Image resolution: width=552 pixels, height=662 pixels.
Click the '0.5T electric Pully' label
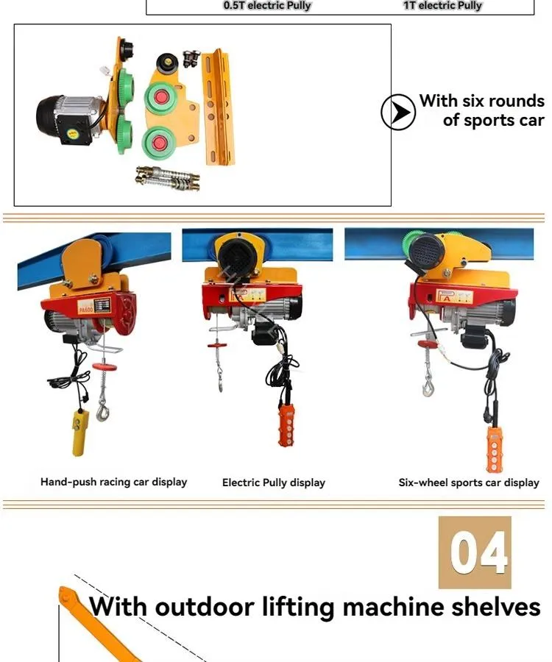pyautogui.click(x=267, y=6)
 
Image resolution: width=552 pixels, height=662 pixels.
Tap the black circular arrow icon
pyautogui.click(x=398, y=113)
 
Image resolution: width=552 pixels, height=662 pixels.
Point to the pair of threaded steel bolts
pyautogui.click(x=168, y=178)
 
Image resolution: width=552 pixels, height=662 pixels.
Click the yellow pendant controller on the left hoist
pyautogui.click(x=78, y=434)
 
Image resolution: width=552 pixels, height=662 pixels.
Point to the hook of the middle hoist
pyautogui.click(x=220, y=382)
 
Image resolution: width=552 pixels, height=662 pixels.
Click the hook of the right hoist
pyautogui.click(x=428, y=384)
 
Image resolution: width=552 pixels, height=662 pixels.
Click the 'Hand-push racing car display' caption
pyautogui.click(x=113, y=483)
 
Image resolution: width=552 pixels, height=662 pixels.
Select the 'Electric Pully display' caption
pyautogui.click(x=273, y=483)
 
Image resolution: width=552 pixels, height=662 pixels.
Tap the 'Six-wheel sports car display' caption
pyautogui.click(x=469, y=483)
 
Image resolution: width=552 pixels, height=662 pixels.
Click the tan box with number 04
pyautogui.click(x=475, y=552)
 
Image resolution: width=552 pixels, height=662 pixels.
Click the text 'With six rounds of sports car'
pyautogui.click(x=482, y=111)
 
